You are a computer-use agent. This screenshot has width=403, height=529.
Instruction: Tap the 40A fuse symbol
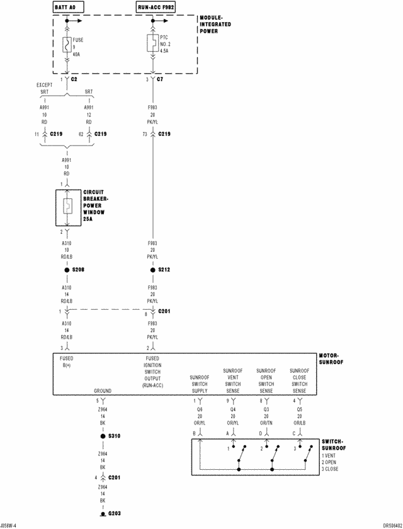pyautogui.click(x=67, y=45)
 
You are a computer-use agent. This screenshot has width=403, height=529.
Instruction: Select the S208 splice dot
pyautogui.click(x=67, y=270)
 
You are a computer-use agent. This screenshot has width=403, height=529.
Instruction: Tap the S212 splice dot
pyautogui.click(x=152, y=270)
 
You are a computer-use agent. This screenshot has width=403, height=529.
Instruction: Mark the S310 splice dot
pyautogui.click(x=103, y=436)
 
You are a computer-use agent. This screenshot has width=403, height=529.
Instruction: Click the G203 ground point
pyautogui.click(x=103, y=514)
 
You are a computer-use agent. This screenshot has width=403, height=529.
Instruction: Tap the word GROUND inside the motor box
pyautogui.click(x=103, y=390)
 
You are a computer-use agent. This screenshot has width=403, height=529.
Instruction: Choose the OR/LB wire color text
pyautogui.click(x=300, y=423)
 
